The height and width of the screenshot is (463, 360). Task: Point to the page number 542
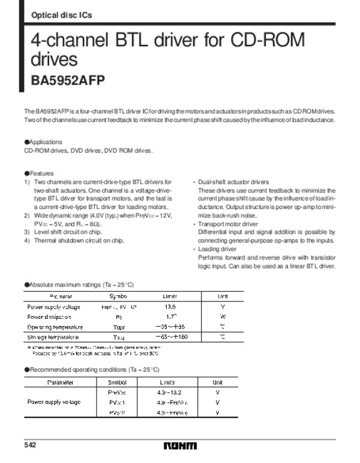(30, 445)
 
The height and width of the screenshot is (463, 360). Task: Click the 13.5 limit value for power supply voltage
(170, 306)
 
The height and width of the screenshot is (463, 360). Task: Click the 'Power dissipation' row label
(49, 316)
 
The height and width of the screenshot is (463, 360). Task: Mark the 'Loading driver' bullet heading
(217, 249)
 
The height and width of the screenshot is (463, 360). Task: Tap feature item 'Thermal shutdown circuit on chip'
(79, 240)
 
